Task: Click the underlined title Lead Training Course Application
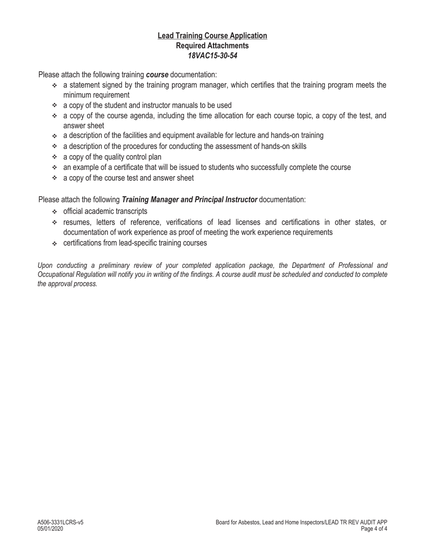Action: [x=212, y=36]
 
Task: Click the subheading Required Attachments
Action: [x=212, y=46]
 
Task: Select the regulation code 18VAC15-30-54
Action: [x=212, y=56]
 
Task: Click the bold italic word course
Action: [x=157, y=75]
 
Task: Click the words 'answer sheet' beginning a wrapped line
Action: [x=84, y=126]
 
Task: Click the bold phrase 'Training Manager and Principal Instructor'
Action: [x=189, y=199]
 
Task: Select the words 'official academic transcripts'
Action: [x=105, y=211]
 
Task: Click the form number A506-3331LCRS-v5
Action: [x=60, y=522]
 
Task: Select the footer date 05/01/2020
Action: [x=50, y=529]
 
